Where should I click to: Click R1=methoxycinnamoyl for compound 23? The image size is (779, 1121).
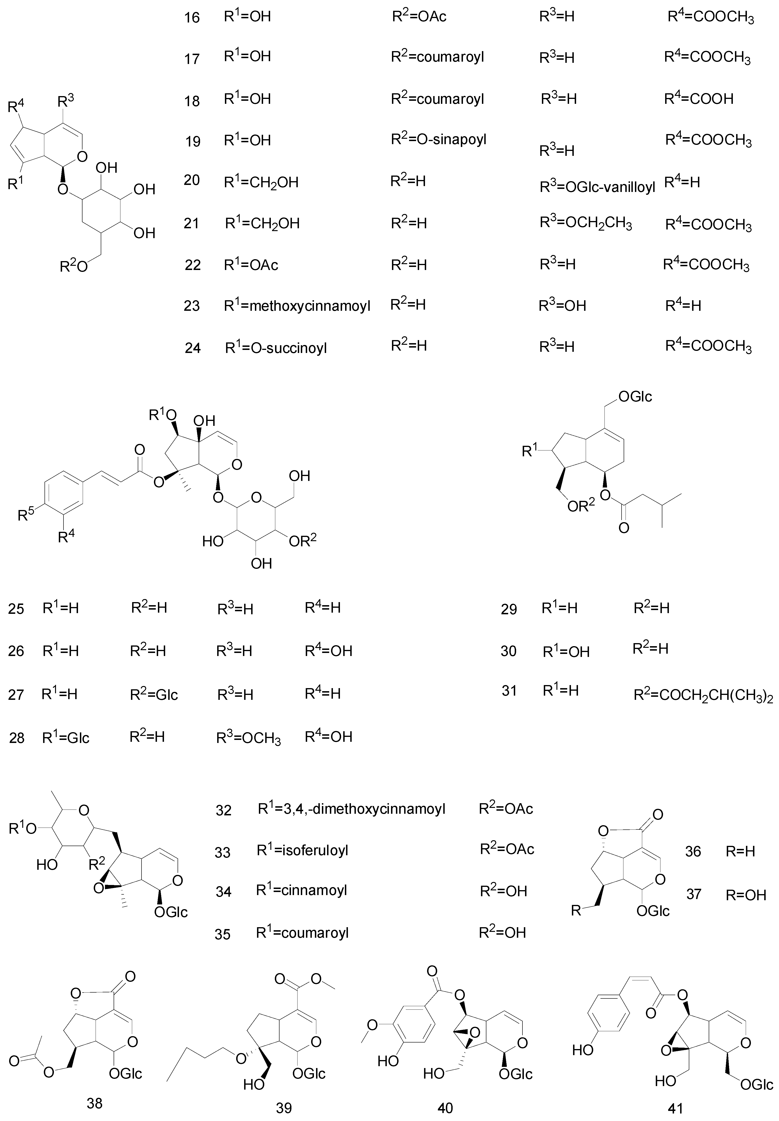pyautogui.click(x=297, y=306)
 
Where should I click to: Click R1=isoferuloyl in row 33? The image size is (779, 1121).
pyautogui.click(x=302, y=851)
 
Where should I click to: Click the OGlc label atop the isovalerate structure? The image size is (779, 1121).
pyautogui.click(x=634, y=397)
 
